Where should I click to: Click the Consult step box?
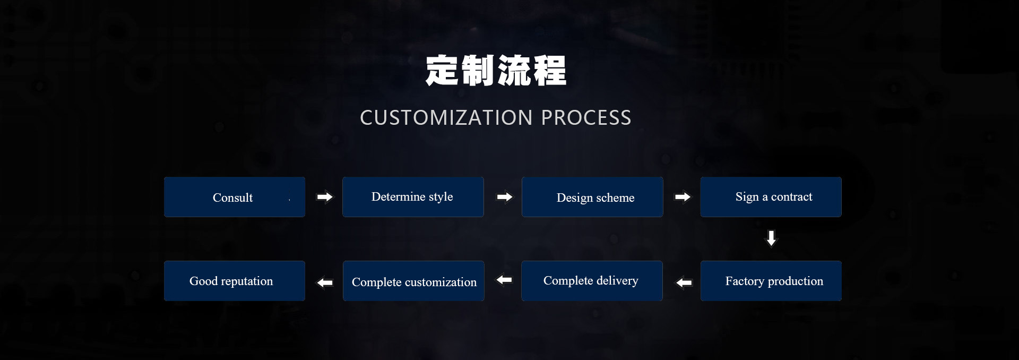click(235, 197)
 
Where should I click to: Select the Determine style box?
click(413, 197)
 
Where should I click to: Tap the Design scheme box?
click(592, 197)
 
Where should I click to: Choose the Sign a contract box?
click(771, 197)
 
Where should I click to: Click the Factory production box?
click(771, 281)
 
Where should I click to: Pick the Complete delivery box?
click(592, 281)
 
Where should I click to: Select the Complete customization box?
click(413, 281)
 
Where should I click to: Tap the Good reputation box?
click(235, 281)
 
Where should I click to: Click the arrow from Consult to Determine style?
click(325, 197)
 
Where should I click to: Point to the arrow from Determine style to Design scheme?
click(505, 197)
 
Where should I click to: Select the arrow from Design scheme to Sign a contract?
click(683, 197)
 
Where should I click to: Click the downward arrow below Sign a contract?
click(771, 238)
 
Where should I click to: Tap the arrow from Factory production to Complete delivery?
click(684, 282)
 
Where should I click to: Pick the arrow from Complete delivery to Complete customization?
click(504, 279)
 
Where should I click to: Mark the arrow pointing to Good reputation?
click(325, 282)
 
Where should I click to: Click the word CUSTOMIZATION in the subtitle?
click(446, 117)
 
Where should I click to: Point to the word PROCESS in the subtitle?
click(586, 117)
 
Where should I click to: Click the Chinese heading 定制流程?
click(496, 71)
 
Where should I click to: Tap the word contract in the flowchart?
click(791, 197)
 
